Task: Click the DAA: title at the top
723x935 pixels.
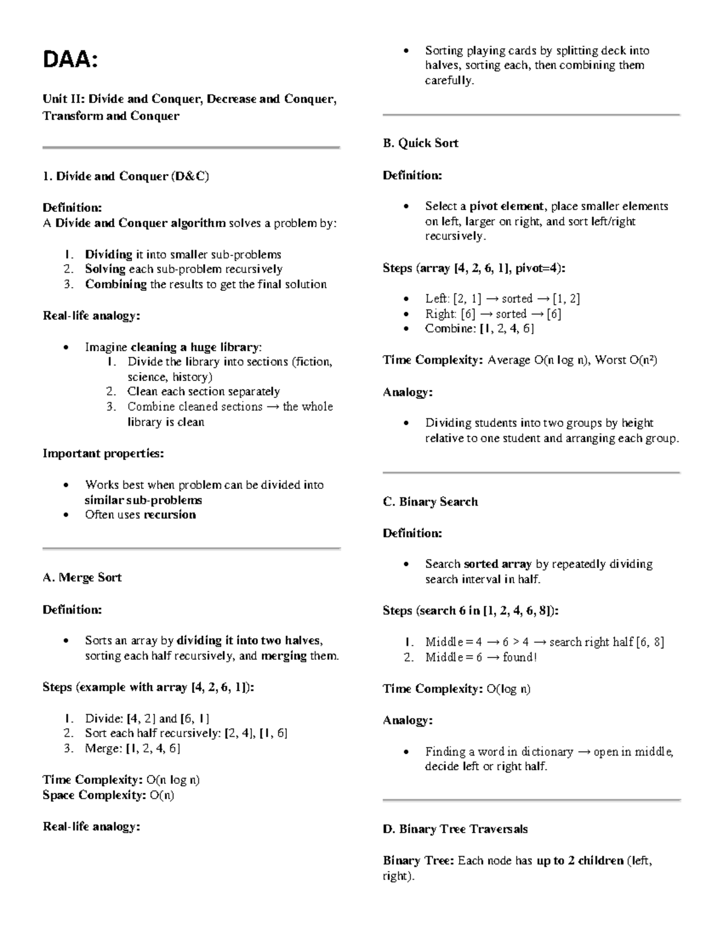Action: pos(69,60)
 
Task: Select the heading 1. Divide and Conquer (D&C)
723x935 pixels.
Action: pos(125,176)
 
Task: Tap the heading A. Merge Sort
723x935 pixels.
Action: pos(82,577)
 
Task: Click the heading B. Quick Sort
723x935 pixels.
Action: pos(421,143)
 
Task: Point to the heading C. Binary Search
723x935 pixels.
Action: pos(430,502)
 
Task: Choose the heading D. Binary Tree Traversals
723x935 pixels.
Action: pos(455,829)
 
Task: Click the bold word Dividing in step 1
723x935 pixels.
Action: pos(108,255)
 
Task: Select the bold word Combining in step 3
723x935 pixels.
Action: pos(116,284)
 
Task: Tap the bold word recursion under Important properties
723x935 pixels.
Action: pos(169,515)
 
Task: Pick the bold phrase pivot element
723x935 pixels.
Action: pos(508,207)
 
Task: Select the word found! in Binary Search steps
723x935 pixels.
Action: pos(519,657)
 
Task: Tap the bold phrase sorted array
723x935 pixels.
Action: pos(498,564)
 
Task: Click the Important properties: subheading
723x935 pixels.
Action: pos(103,453)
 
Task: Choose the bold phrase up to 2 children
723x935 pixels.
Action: pos(580,861)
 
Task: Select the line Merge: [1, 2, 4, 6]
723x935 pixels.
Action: pos(132,748)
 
